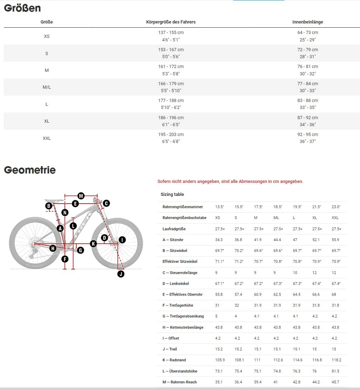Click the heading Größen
pos(22,8)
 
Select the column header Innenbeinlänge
pos(307,22)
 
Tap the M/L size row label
pos(47,87)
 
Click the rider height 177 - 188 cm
pos(171,101)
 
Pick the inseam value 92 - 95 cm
pos(307,135)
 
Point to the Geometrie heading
pos(30,170)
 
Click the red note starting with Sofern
pos(230,182)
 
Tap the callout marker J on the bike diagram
pos(121,274)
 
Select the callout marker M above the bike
pos(81,196)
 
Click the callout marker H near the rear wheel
pos(53,248)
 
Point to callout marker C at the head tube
pos(106,203)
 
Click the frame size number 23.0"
pos(336,207)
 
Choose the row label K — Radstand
pos(174,360)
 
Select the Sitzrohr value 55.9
pos(335,240)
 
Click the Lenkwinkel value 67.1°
pos(220,284)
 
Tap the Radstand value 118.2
pos(336,360)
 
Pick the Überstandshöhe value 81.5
pos(335,371)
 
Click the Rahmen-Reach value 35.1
pos(219,382)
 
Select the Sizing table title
pos(172,194)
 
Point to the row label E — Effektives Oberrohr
pos(182,294)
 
